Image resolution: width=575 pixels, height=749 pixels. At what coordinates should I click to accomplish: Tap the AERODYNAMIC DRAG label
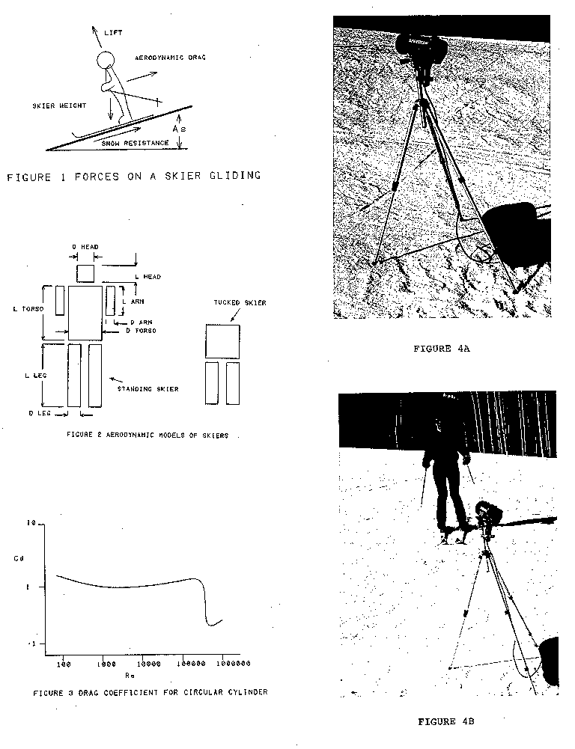click(x=171, y=58)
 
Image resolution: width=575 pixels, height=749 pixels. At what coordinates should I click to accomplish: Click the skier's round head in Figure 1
click(x=107, y=61)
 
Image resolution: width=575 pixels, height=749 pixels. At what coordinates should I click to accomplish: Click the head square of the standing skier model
click(x=85, y=272)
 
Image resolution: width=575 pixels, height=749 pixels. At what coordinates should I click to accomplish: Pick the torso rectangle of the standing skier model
click(x=85, y=311)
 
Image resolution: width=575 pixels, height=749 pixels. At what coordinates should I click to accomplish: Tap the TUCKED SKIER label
click(x=240, y=303)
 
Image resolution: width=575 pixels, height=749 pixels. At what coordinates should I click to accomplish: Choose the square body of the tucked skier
click(x=222, y=341)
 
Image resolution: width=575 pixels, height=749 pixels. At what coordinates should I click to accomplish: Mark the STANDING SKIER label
click(x=148, y=389)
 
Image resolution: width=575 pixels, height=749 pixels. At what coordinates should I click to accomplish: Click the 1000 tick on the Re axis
click(x=104, y=663)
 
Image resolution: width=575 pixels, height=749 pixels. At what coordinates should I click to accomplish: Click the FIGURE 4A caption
click(x=441, y=349)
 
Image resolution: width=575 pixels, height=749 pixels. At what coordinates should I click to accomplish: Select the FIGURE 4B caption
click(x=446, y=721)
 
